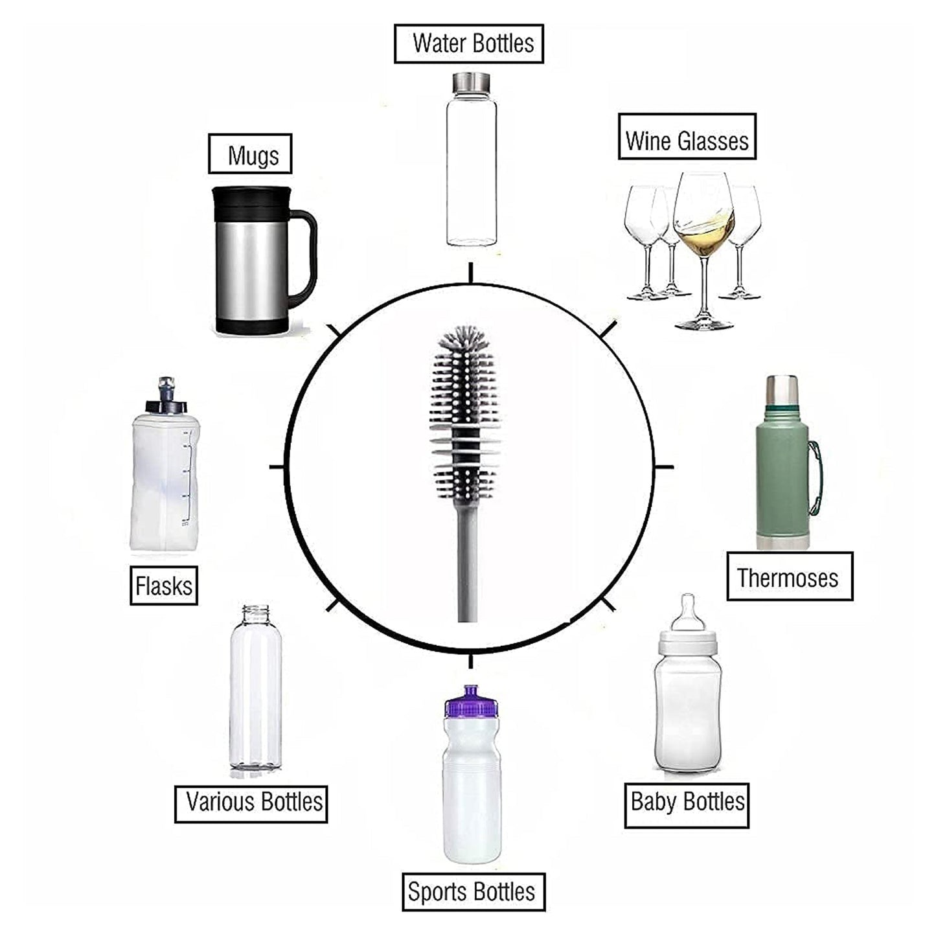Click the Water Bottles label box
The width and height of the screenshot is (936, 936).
pos(468,43)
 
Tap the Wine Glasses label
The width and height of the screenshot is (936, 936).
pos(687,137)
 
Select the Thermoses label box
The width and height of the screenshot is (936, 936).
pos(789,576)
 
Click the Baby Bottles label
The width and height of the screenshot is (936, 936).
pos(687,805)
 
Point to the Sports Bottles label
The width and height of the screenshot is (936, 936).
pos(473,891)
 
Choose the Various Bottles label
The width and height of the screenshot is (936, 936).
pos(251,804)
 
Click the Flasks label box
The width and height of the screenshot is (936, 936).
pos(163,586)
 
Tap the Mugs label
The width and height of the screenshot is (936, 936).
pos(250,154)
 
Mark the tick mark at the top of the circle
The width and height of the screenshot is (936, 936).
pos(471,273)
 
